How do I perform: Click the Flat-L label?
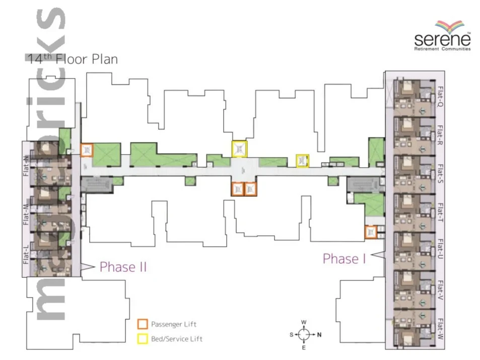[26, 254]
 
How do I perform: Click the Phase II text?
[123, 267]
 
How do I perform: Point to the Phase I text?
[344, 259]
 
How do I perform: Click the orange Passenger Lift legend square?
[143, 323]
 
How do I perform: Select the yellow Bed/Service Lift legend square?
[143, 338]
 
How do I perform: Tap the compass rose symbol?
[305, 334]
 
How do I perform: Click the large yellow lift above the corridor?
[240, 149]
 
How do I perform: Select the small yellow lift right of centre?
[302, 161]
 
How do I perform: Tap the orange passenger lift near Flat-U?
[371, 232]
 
